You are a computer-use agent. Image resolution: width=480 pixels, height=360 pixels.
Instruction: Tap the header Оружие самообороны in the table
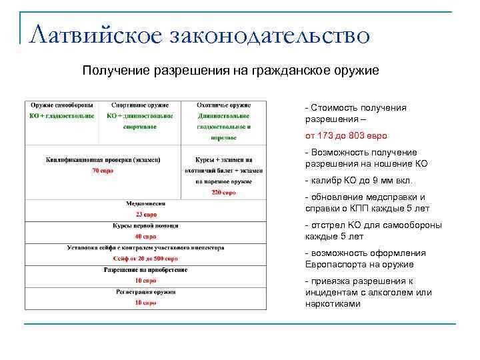coord(61,105)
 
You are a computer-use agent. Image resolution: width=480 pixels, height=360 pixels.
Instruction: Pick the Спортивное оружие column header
coord(140,105)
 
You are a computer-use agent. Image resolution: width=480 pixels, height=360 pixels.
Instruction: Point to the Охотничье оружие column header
coord(223,105)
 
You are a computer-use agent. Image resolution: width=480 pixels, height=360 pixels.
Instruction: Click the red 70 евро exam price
coord(103,171)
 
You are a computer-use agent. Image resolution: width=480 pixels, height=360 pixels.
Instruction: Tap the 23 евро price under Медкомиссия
coord(146,215)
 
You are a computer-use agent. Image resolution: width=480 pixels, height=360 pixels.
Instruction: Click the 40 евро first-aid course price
coord(146,236)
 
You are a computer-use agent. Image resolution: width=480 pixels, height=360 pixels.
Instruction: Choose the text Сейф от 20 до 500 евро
coord(146,259)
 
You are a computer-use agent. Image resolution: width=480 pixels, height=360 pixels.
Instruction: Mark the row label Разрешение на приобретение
coord(146,270)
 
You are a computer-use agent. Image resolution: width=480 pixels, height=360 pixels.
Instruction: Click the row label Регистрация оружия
coord(146,291)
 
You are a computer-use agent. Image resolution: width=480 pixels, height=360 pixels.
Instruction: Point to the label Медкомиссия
coord(146,203)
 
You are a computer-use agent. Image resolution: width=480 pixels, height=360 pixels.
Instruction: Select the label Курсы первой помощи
coord(146,225)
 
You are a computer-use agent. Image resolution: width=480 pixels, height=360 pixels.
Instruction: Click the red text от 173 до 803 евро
coord(346,135)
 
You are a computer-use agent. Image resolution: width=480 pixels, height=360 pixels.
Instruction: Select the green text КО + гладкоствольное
coord(61,116)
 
